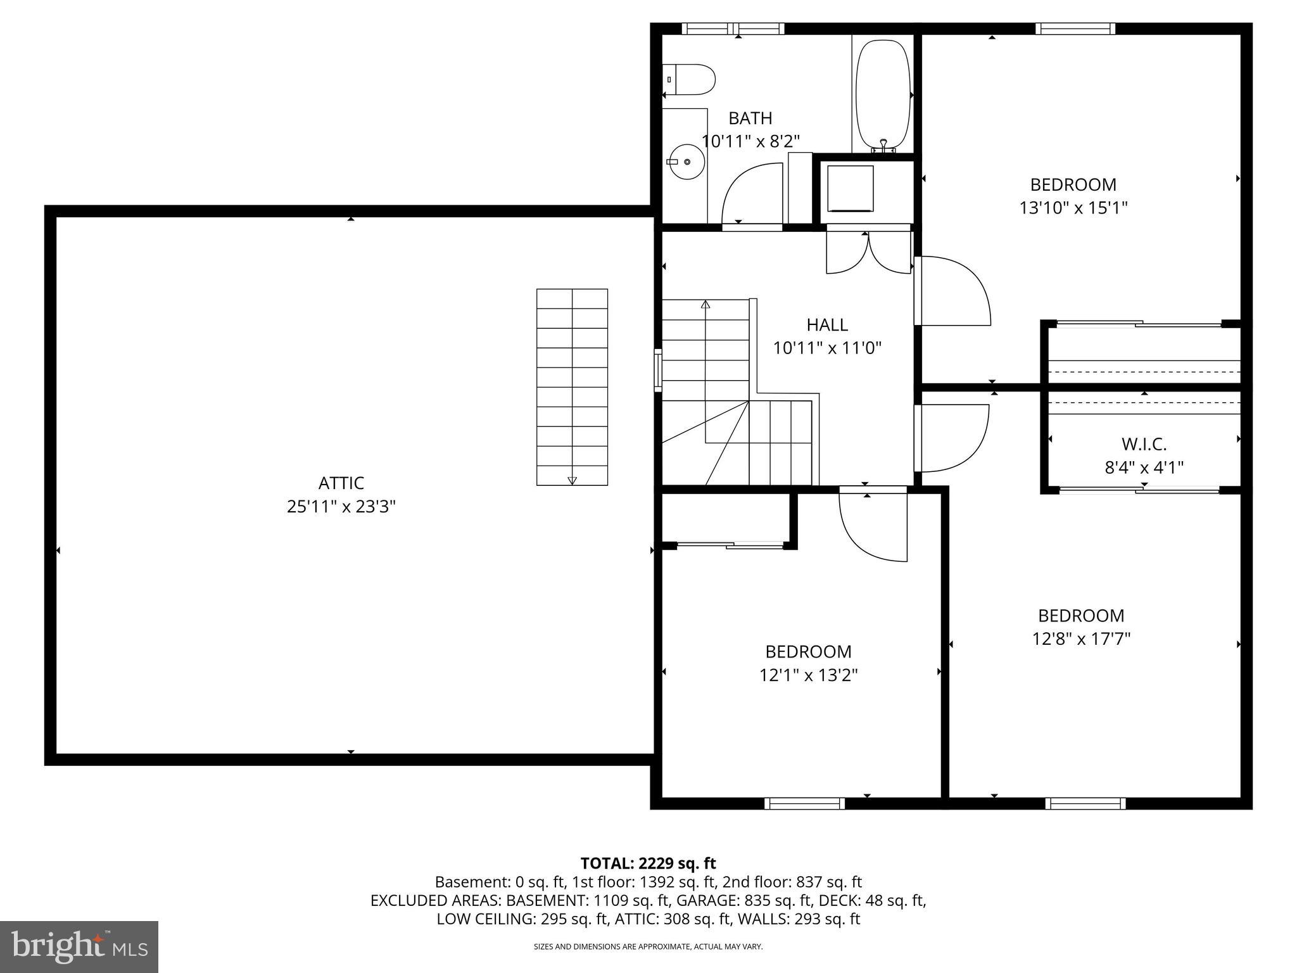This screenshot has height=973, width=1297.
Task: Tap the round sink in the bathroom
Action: pos(686,162)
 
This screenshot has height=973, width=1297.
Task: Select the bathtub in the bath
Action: pos(883,95)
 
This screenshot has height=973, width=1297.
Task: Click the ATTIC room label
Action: pos(341,483)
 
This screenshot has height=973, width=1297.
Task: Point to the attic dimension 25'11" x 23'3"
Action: pos(341,507)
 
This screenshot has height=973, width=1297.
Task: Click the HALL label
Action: pos(827,325)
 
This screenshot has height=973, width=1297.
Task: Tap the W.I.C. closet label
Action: pos(1144,444)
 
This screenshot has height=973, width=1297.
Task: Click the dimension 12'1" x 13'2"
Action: pos(808,675)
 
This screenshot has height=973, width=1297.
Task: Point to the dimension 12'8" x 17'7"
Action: pos(1081,639)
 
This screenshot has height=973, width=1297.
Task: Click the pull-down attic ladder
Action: pos(572,387)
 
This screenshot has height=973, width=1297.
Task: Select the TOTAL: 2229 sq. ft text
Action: pos(648,863)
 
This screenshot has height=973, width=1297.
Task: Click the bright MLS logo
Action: pos(79,947)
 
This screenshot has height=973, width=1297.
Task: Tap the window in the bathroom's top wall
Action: pos(733,29)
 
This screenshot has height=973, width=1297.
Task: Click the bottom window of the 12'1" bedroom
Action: pos(804,803)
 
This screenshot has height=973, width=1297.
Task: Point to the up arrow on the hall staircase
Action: pos(705,305)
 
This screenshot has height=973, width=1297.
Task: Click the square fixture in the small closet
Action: pos(851,189)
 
